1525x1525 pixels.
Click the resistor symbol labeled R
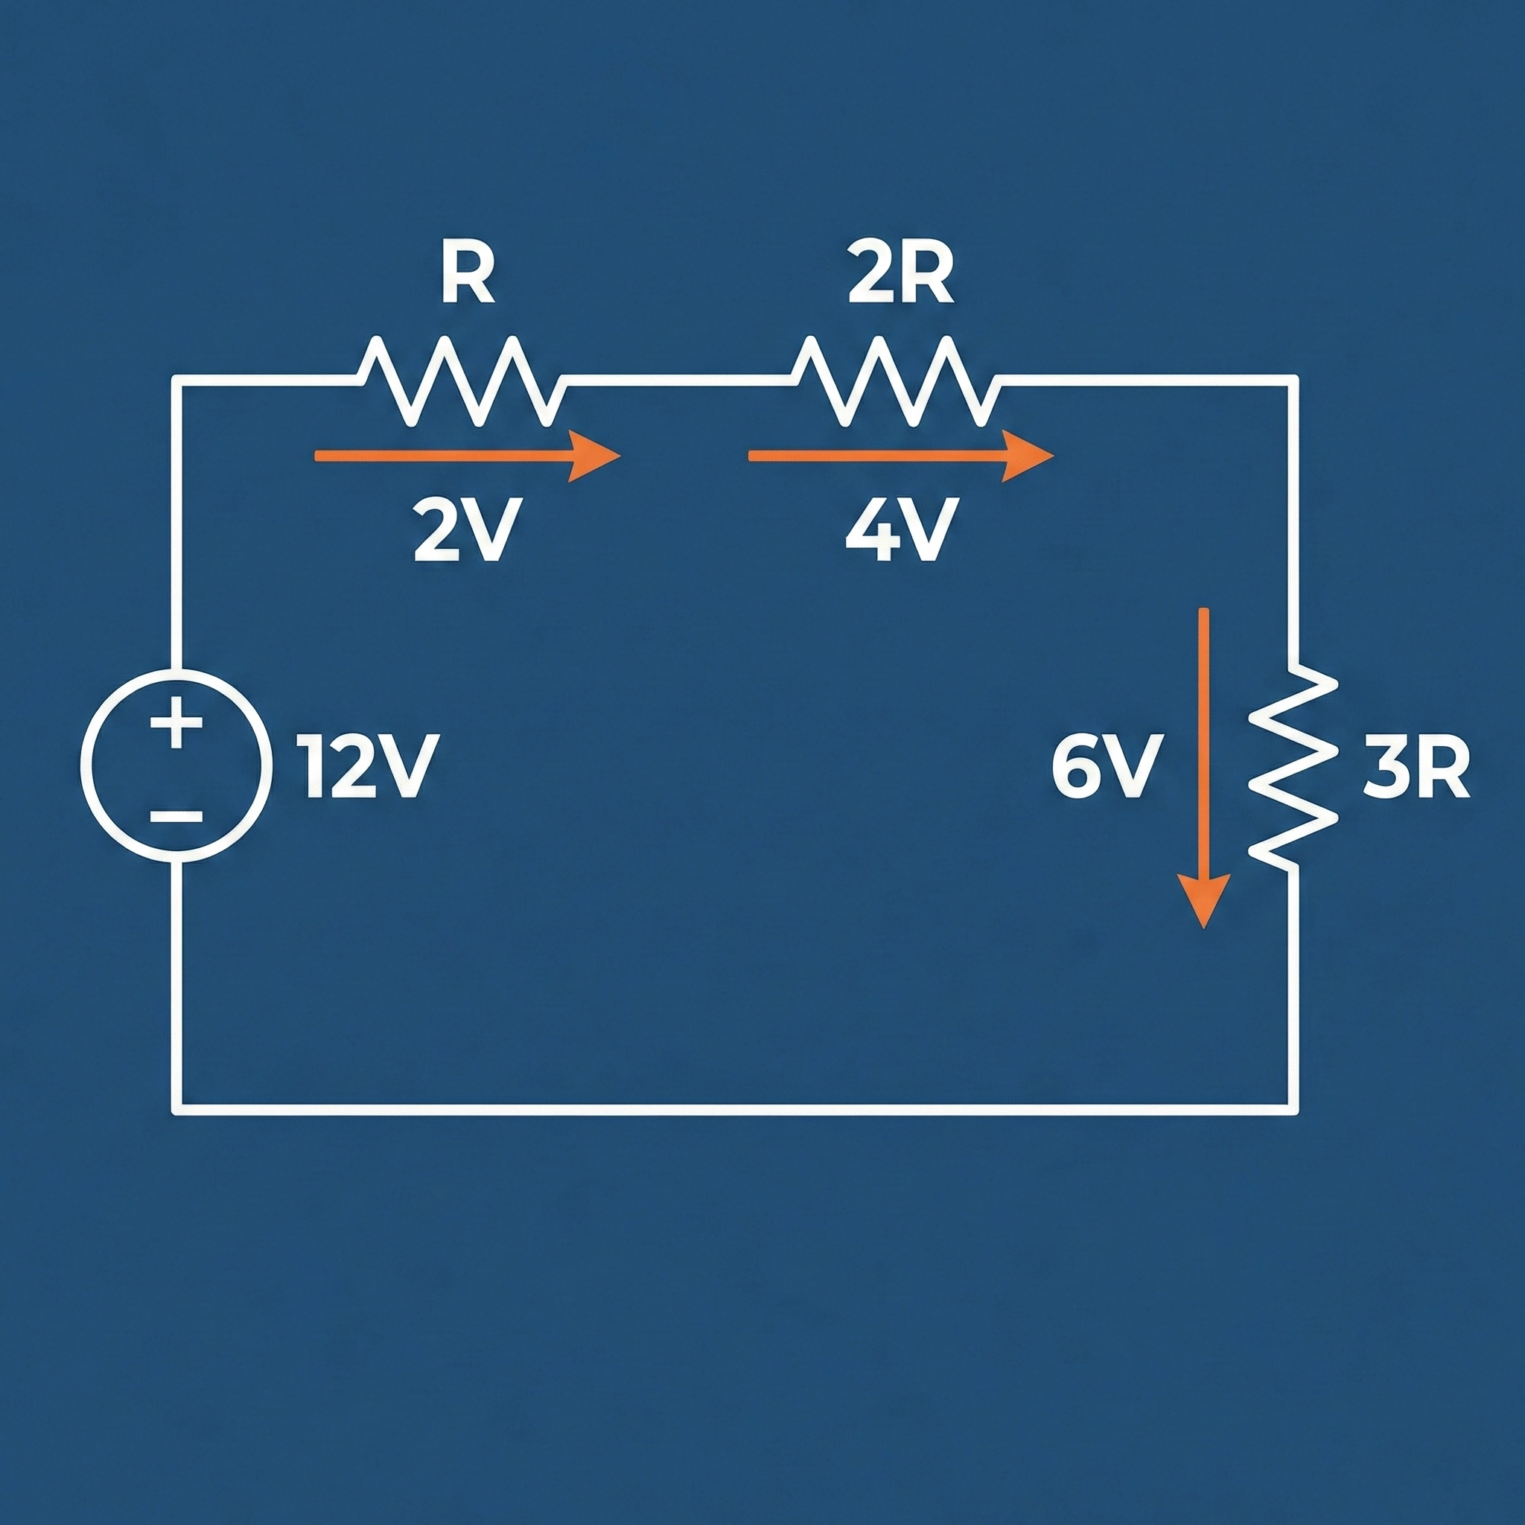click(462, 381)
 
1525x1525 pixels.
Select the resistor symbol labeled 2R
click(895, 381)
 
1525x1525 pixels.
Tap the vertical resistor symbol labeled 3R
click(1292, 765)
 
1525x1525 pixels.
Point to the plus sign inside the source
click(176, 722)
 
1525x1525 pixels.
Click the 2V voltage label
click(466, 529)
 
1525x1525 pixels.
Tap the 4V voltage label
click(902, 529)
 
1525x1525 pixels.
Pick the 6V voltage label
click(1107, 766)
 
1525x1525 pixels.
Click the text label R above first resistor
click(468, 278)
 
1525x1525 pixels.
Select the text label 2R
click(901, 278)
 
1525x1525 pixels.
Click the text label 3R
click(1416, 766)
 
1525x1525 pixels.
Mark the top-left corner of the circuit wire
click(176, 381)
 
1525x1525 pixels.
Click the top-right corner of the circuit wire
click(1293, 381)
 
